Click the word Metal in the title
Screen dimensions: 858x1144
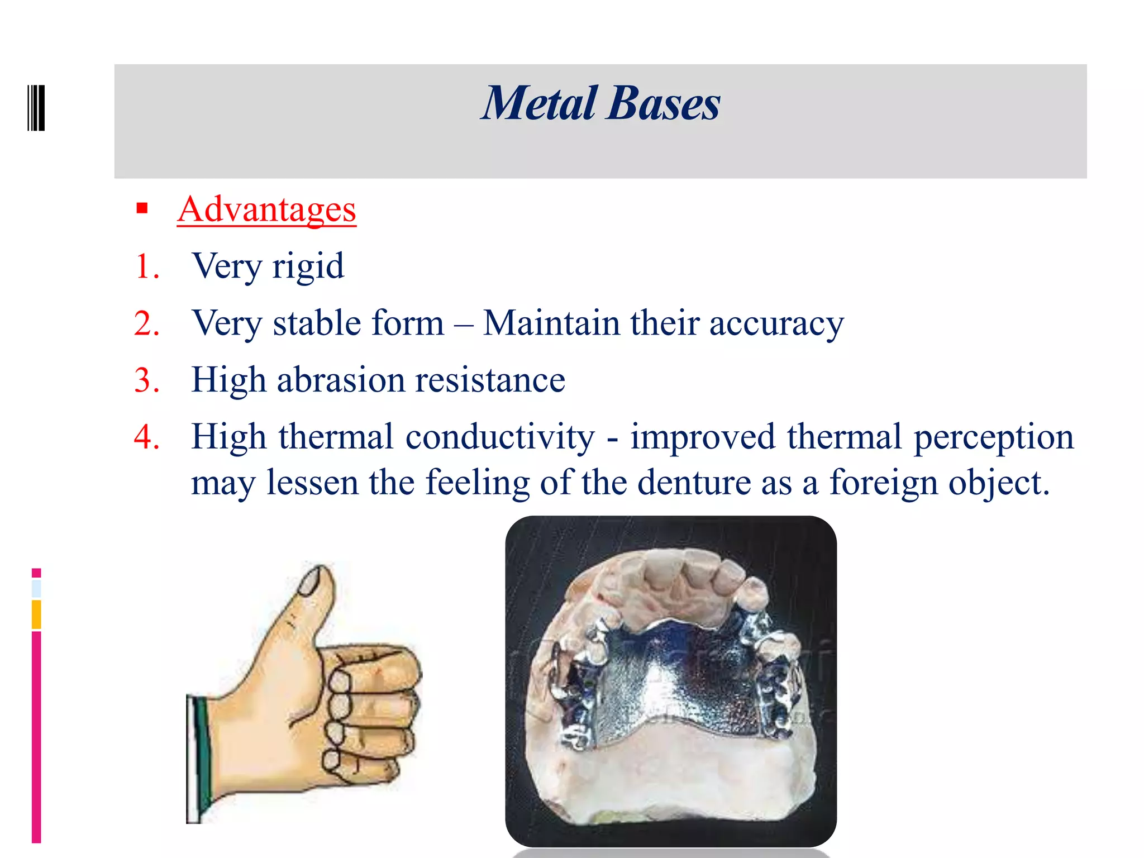pyautogui.click(x=540, y=104)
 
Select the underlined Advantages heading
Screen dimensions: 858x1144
pyautogui.click(x=266, y=209)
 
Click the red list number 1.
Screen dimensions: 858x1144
pyautogui.click(x=146, y=266)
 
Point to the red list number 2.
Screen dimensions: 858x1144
pyautogui.click(x=146, y=323)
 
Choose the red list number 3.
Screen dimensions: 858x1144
pyautogui.click(x=146, y=380)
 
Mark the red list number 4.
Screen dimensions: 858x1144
pyautogui.click(x=146, y=437)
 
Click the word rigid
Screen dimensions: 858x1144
pyautogui.click(x=308, y=266)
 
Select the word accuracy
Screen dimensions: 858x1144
pyautogui.click(x=776, y=323)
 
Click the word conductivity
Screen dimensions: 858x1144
pyautogui.click(x=500, y=437)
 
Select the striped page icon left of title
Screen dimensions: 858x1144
pyautogui.click(x=36, y=108)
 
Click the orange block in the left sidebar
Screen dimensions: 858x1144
pyautogui.click(x=36, y=614)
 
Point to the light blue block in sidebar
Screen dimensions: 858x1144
pyautogui.click(x=36, y=588)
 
